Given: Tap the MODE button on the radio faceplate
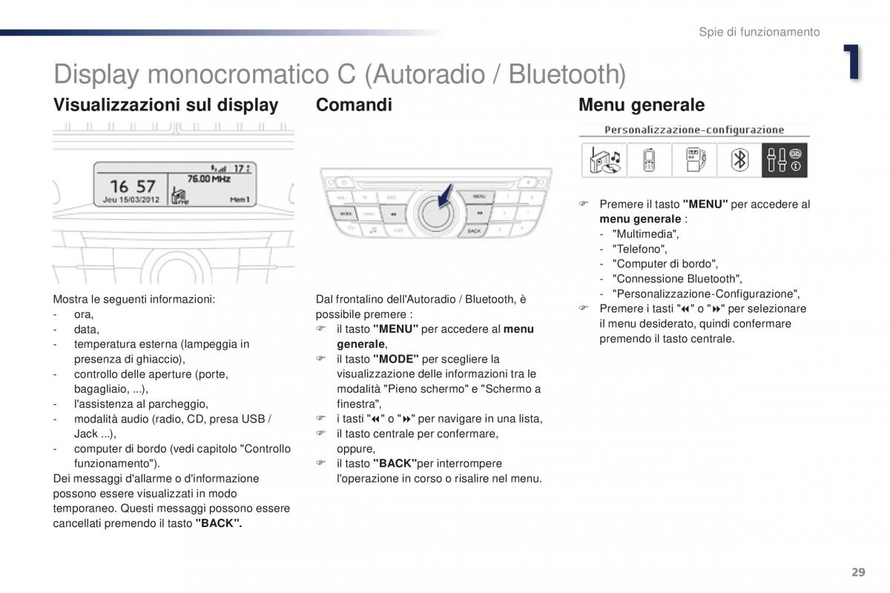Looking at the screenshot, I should pyautogui.click(x=345, y=213).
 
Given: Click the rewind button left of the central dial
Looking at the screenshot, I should pyautogui.click(x=393, y=215).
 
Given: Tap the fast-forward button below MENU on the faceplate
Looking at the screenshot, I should pyautogui.click(x=479, y=213).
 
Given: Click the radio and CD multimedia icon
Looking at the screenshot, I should pyautogui.click(x=604, y=160).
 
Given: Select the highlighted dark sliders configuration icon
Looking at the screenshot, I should pyautogui.click(x=784, y=160).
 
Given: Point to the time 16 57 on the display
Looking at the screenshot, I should pyautogui.click(x=133, y=186).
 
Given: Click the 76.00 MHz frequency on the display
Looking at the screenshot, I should pyautogui.click(x=208, y=179).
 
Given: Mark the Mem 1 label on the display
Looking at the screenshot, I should pyautogui.click(x=239, y=199).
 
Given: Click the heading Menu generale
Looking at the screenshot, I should pyautogui.click(x=641, y=105).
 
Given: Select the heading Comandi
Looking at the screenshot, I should pyautogui.click(x=354, y=105).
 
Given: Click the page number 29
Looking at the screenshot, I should pyautogui.click(x=858, y=572).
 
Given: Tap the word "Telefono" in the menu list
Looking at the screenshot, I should pyautogui.click(x=639, y=249).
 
